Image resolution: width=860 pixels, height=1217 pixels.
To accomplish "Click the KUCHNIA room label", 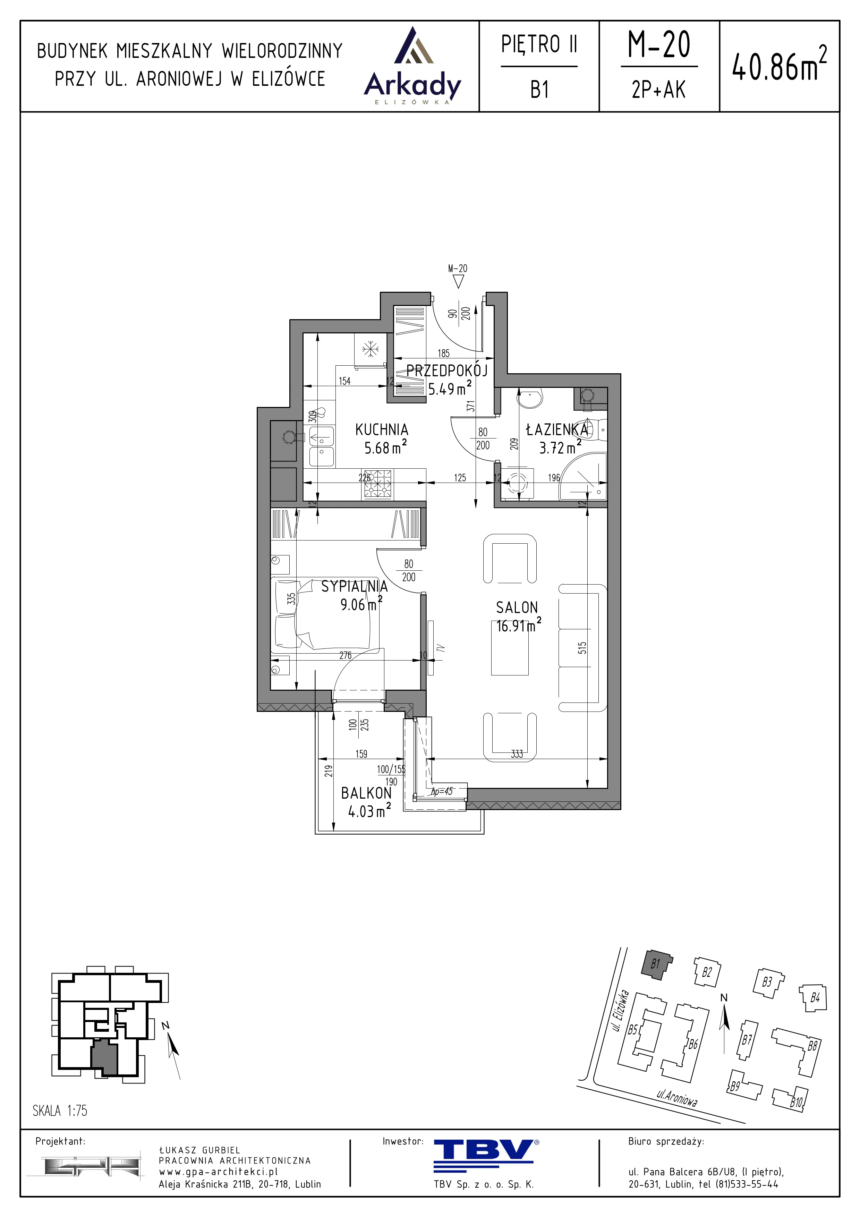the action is [382, 429].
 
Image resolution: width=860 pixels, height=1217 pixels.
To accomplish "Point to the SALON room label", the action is [517, 607].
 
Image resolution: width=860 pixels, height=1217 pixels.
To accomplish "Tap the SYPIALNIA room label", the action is [355, 586].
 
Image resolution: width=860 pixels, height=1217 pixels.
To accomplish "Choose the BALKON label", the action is [366, 793].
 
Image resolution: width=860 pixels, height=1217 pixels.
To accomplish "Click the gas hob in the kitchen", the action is [378, 484].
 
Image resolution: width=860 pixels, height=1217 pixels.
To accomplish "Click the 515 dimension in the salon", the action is [582, 648].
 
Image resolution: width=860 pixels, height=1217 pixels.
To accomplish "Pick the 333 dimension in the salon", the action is [517, 754].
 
